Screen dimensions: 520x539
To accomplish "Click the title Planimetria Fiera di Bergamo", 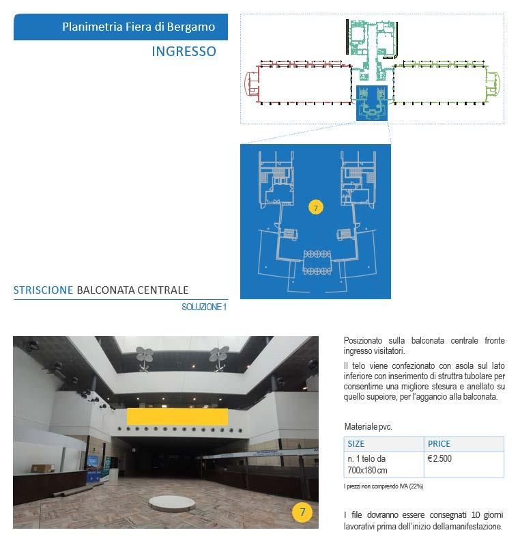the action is coord(139,27).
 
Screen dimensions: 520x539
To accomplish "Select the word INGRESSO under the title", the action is coord(184,51).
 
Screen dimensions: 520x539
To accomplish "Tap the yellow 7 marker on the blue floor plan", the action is coord(315,207).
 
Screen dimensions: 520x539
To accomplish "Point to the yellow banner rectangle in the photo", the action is coord(177,416).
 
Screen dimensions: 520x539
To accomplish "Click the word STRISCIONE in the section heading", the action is coord(43,290).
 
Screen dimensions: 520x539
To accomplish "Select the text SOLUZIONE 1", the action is coord(203,307).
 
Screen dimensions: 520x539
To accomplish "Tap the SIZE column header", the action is coord(356,443).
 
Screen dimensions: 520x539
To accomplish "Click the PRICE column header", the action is coord(439,443).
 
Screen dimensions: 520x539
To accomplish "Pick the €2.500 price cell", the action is coord(439,458).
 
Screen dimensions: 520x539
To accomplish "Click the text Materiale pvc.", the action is coord(368,427).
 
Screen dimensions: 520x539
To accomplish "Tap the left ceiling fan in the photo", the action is coord(144,354).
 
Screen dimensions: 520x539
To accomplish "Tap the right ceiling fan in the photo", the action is coord(218,354).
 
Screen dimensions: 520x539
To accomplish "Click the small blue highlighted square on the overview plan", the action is coord(372,103).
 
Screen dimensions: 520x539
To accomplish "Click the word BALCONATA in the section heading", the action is coord(106,290).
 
